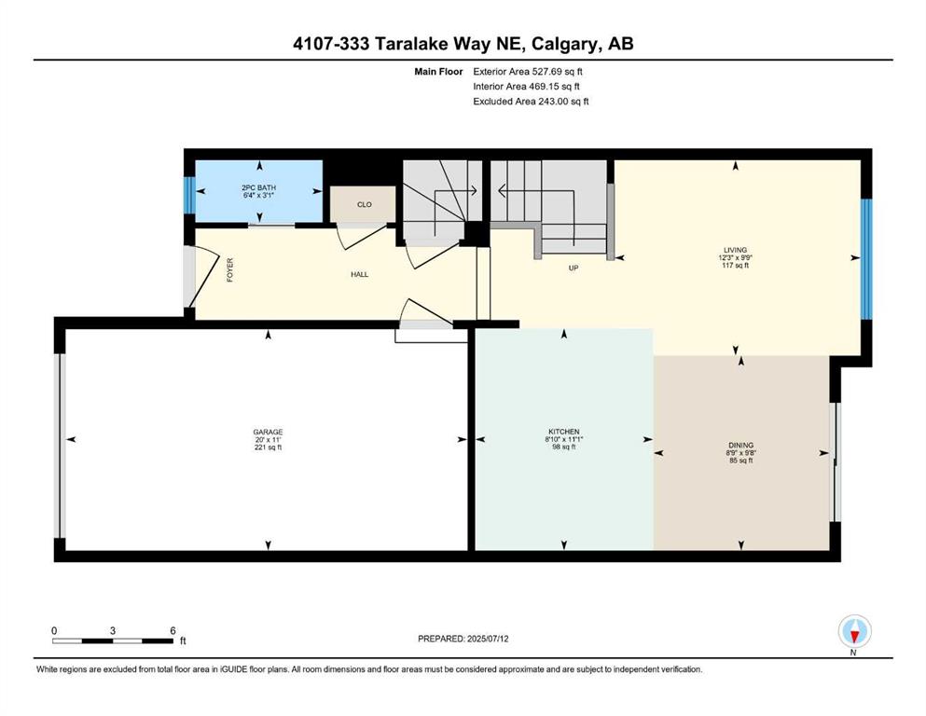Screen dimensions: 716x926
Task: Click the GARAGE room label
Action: pyautogui.click(x=268, y=432)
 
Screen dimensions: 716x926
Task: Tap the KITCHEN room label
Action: pyautogui.click(x=563, y=432)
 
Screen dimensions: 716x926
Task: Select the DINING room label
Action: pyautogui.click(x=742, y=446)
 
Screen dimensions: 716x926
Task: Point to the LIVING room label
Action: pyautogui.click(x=736, y=250)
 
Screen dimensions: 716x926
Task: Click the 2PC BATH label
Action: pyautogui.click(x=258, y=187)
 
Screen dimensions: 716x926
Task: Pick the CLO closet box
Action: pyautogui.click(x=364, y=204)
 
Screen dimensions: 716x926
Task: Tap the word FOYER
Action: pyautogui.click(x=229, y=270)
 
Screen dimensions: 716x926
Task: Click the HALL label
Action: pyautogui.click(x=360, y=276)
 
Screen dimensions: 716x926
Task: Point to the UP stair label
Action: pyautogui.click(x=574, y=268)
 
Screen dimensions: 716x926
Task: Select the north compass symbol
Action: pyautogui.click(x=854, y=631)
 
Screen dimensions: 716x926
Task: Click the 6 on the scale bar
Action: pyautogui.click(x=173, y=630)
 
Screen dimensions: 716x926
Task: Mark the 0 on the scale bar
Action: pyautogui.click(x=54, y=630)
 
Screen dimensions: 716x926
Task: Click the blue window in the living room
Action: pyautogui.click(x=866, y=257)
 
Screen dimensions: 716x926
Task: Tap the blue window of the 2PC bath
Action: pyautogui.click(x=189, y=195)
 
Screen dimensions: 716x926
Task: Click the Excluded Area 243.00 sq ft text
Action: pyautogui.click(x=531, y=101)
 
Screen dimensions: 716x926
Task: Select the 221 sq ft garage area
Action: pyautogui.click(x=268, y=447)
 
